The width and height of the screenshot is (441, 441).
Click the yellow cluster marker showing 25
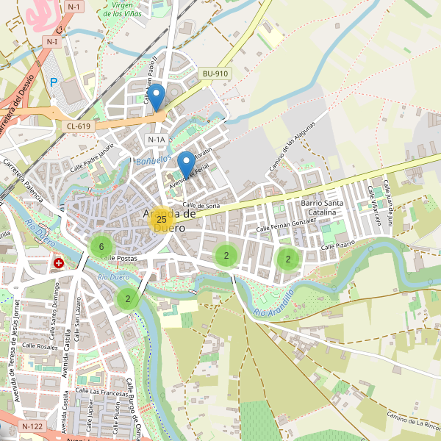161,219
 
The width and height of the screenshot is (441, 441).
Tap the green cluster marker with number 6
101,246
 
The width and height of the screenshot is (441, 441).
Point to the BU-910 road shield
216,73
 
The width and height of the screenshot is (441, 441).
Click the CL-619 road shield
78,126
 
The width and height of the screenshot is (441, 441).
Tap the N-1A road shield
157,139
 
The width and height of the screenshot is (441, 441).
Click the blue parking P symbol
53,83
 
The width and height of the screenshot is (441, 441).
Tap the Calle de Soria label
201,205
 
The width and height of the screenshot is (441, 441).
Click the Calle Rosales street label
40,345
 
